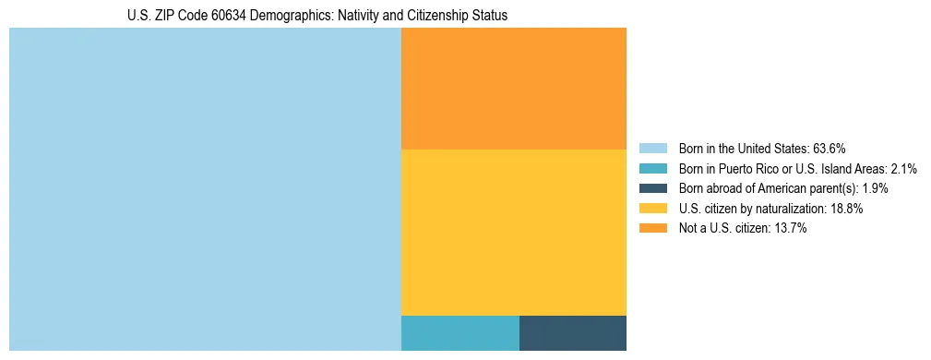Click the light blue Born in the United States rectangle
tap(205, 189)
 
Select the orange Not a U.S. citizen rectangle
tap(513, 89)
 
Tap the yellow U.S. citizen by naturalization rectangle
tap(513, 232)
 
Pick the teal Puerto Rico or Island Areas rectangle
tap(460, 332)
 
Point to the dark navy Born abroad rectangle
tap(572, 332)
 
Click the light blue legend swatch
tap(652, 149)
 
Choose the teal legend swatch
tap(652, 169)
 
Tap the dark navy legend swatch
tap(652, 188)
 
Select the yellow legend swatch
tap(652, 209)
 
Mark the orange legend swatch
tap(652, 229)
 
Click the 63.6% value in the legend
tap(830, 149)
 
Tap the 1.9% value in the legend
tap(875, 188)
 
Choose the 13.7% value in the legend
tap(789, 229)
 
